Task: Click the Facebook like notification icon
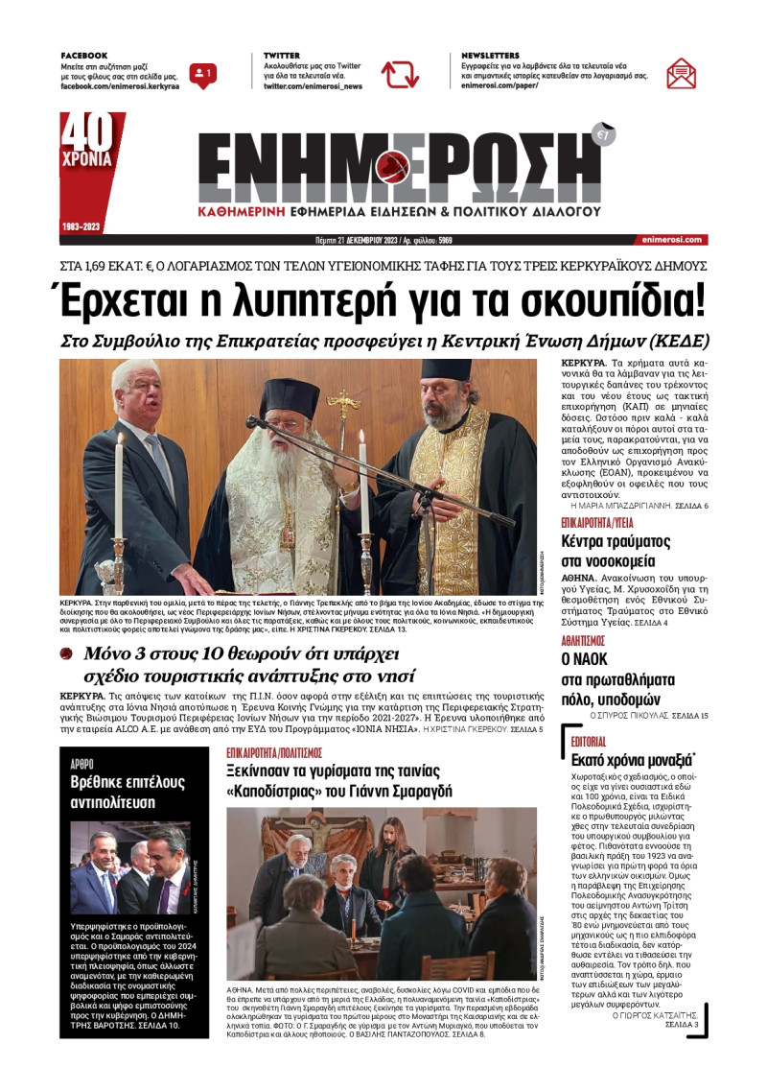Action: pos(202,74)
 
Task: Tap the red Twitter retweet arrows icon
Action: pos(400,74)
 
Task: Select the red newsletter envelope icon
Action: pos(681,74)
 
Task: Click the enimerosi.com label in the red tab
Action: pos(669,240)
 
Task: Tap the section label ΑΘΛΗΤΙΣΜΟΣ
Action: pos(583,640)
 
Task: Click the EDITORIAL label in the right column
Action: pos(588,742)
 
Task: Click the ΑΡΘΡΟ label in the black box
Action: pos(81,763)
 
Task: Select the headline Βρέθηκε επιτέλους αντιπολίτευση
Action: pos(127,792)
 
